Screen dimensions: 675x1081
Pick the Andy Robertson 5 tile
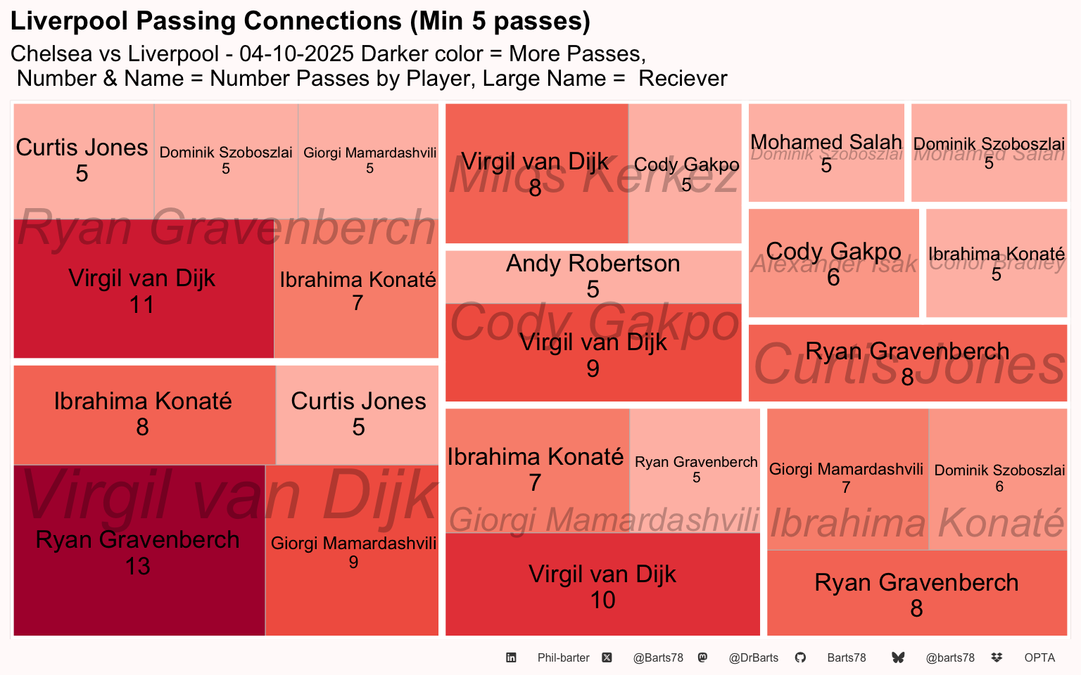point(593,276)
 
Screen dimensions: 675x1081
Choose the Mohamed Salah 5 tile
point(826,153)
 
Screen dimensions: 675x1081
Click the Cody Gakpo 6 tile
point(833,263)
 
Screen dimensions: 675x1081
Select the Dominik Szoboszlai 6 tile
point(999,478)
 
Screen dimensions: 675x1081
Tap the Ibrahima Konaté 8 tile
point(144,414)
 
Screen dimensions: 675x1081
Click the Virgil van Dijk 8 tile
point(536,174)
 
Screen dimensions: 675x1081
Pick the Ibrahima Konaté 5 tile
point(996,263)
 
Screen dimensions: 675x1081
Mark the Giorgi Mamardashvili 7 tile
point(847,478)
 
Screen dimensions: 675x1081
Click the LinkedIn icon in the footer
point(511,657)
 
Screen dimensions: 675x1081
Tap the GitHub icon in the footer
point(800,657)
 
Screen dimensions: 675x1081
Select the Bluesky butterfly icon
point(898,657)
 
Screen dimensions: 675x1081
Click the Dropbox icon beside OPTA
point(997,657)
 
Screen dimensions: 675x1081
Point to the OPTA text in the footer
point(1039,657)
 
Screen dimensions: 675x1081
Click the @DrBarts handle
point(754,657)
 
